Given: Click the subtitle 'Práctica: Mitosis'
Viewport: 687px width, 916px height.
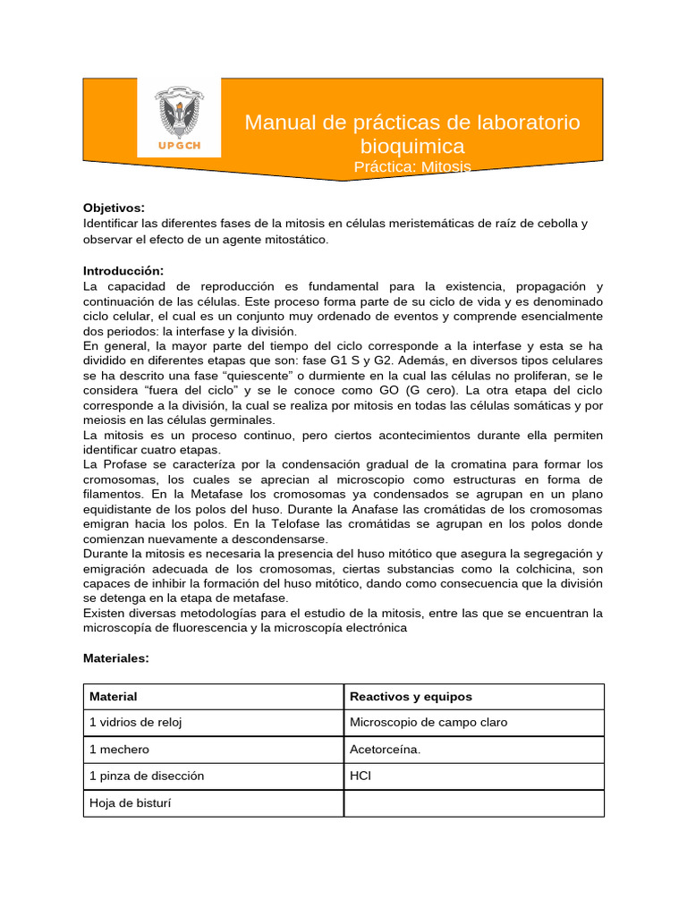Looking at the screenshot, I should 412,167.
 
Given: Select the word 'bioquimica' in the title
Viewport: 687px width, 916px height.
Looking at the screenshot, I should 412,146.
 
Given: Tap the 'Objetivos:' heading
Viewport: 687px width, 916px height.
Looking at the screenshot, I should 114,208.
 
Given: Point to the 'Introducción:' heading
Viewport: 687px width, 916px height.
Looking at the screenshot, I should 123,270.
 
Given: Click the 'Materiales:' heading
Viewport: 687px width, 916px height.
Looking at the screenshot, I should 116,657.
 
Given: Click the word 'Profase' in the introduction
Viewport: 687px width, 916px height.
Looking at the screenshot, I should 131,464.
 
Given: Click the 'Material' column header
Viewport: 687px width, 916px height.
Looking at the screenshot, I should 114,696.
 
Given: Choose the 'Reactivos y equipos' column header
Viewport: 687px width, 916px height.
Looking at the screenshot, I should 411,696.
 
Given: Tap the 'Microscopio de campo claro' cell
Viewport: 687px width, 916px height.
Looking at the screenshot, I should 428,723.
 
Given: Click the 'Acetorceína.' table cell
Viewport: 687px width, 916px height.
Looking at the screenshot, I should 385,750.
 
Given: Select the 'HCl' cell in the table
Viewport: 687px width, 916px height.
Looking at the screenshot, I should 360,776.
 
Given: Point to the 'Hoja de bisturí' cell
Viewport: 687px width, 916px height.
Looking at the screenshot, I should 131,802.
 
